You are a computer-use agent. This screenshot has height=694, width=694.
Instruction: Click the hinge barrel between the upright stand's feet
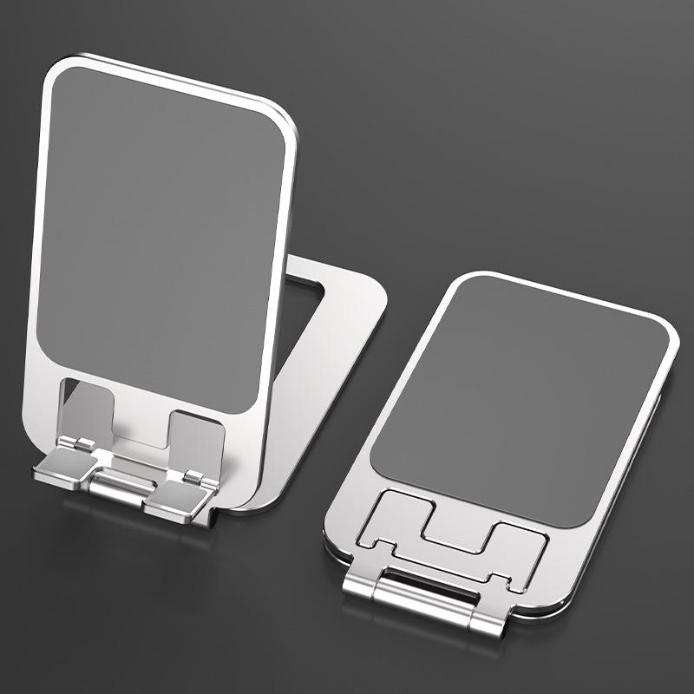[x=121, y=486]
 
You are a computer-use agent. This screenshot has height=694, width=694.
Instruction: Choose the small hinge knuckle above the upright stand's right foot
[x=193, y=475]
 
